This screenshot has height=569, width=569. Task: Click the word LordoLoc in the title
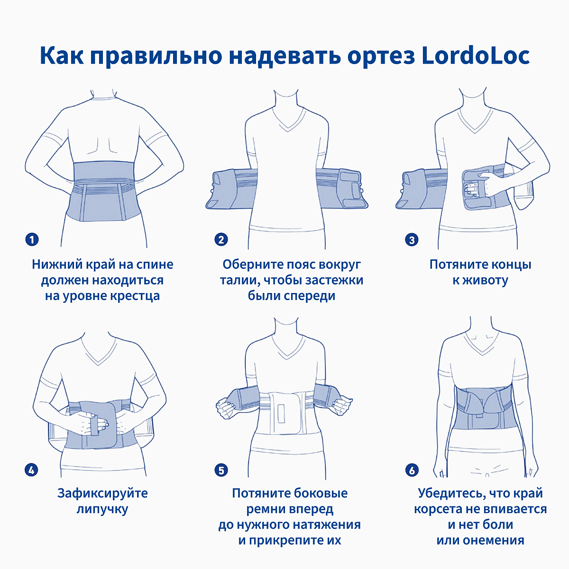[476, 55]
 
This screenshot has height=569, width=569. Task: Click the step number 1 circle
[32, 239]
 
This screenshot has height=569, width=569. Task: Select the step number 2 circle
[221, 239]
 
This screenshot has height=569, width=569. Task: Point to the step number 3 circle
[412, 240]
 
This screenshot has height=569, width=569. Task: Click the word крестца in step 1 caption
[135, 296]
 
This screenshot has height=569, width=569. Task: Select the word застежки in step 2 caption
[334, 281]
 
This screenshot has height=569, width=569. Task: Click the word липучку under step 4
[102, 509]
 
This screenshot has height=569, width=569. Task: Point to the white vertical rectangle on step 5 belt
[281, 414]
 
